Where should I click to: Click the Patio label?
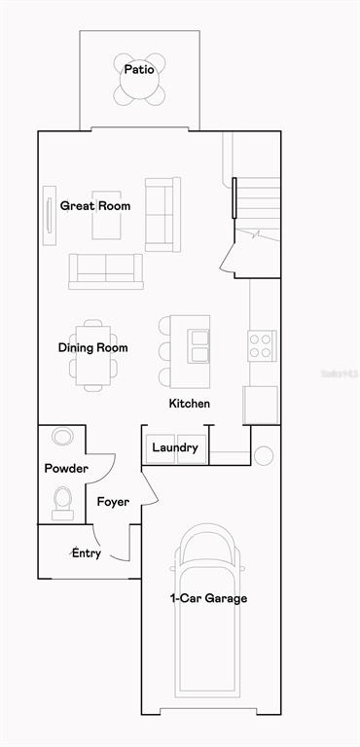pos(139,70)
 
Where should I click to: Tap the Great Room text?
pos(95,206)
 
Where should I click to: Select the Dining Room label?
pos(93,348)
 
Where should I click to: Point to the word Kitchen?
pos(190,404)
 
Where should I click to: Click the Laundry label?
pos(175,447)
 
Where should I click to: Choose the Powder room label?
pos(66,469)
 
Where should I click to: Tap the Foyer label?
pos(113,502)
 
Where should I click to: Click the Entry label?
pos(87,553)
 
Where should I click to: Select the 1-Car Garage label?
pos(209,598)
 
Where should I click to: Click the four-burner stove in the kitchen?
pos(262,345)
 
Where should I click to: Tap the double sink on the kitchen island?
pos(198,346)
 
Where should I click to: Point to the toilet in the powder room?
pos(62,503)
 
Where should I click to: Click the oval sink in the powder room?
pos(62,437)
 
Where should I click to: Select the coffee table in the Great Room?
pos(106,215)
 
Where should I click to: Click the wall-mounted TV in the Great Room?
pos(49,216)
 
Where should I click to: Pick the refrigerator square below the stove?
pos(261,405)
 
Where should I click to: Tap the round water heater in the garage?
pos(264,455)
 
